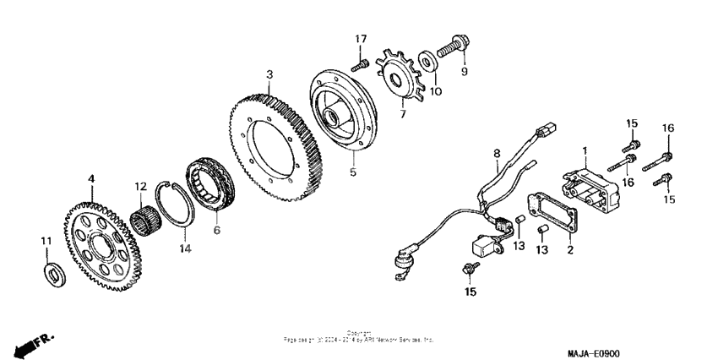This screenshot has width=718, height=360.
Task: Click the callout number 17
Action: coord(361,39)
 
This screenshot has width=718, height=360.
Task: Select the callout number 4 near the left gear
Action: coord(91,178)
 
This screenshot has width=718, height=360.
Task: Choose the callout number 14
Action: coord(186,248)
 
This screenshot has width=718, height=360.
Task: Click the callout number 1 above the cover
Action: coord(583,150)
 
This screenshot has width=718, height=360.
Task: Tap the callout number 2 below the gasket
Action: coord(569,251)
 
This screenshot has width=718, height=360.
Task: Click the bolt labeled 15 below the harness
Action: coord(466,270)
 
